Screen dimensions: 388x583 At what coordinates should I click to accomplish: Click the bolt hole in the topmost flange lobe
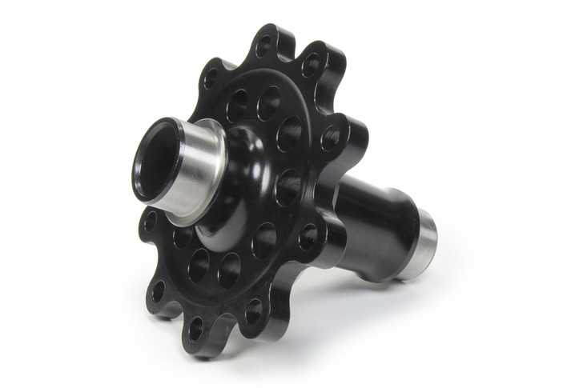point(263,46)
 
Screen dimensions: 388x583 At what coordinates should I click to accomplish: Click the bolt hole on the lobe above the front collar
point(211,79)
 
